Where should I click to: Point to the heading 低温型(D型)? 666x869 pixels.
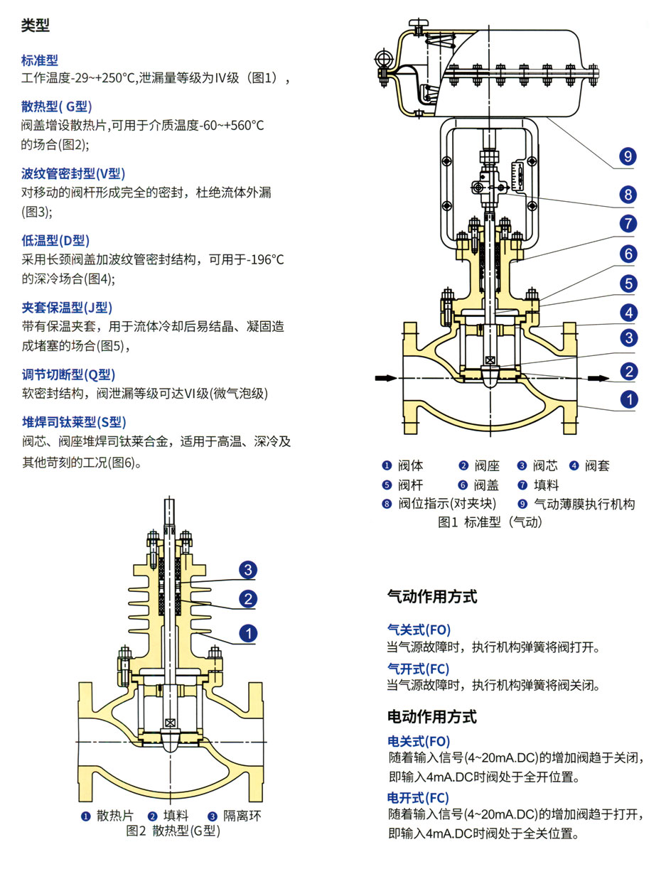[55, 240]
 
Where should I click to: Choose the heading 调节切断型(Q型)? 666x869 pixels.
[68, 374]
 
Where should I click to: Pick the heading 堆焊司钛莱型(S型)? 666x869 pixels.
[74, 422]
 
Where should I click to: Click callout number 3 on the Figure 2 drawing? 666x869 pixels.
[247, 570]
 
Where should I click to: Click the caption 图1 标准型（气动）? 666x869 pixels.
[490, 522]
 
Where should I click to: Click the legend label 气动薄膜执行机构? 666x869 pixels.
[584, 504]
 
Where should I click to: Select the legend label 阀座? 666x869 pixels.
[488, 466]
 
